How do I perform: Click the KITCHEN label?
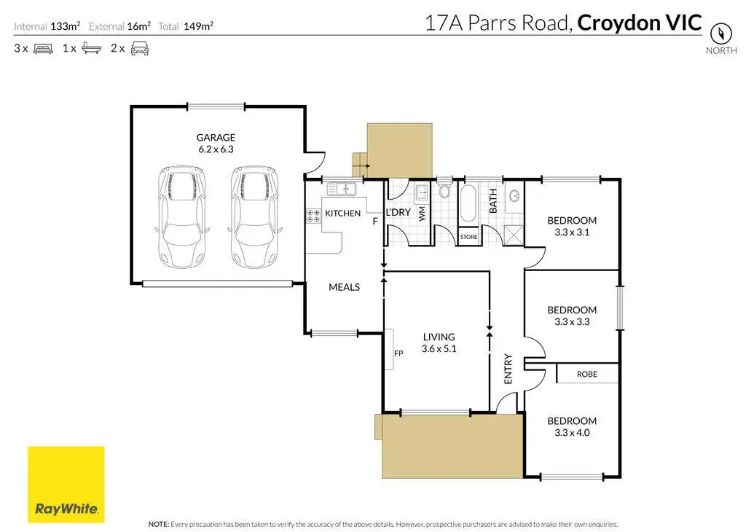tap(342, 214)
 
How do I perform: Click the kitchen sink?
tap(340, 189)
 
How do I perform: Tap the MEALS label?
tap(345, 287)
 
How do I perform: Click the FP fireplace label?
tap(398, 353)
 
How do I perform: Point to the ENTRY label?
tap(508, 369)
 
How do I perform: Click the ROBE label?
tap(586, 374)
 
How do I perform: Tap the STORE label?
tap(468, 237)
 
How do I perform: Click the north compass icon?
tap(721, 34)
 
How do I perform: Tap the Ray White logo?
tap(66, 485)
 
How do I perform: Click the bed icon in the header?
tap(42, 49)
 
